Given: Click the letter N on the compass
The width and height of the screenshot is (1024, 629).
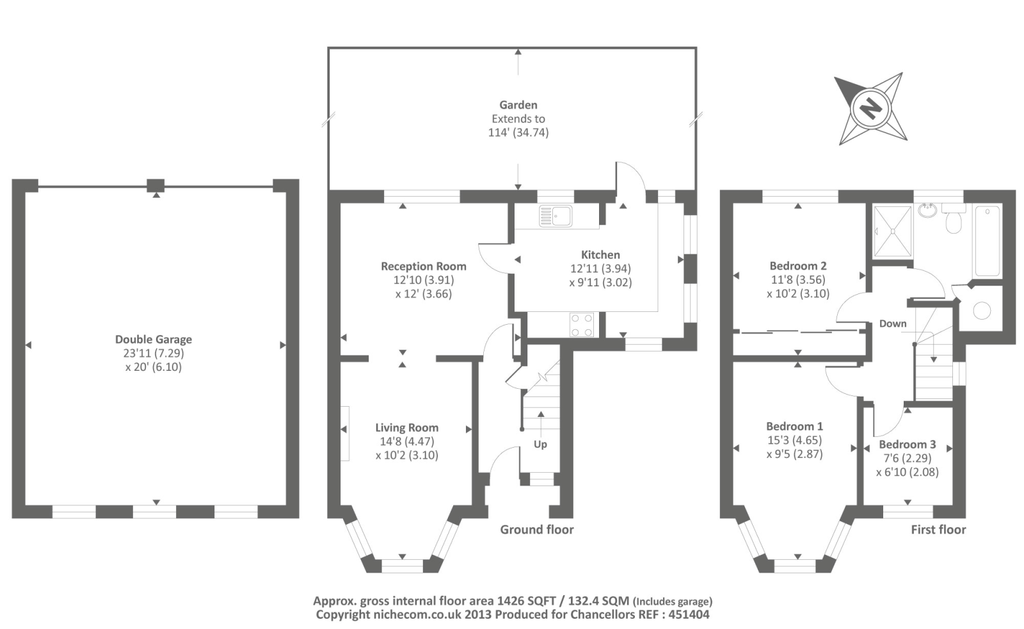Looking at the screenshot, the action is click(x=870, y=109).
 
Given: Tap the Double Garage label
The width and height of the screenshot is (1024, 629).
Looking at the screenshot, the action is click(x=154, y=339).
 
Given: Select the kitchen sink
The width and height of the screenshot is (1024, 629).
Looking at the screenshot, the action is click(x=556, y=216).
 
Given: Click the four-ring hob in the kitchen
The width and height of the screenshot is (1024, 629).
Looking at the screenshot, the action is click(x=582, y=324).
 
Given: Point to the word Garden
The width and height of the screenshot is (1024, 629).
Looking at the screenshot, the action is click(x=518, y=105).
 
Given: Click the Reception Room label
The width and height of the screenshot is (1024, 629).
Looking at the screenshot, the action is click(x=424, y=266).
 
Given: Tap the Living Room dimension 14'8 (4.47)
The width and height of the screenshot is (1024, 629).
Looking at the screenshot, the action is click(x=407, y=441).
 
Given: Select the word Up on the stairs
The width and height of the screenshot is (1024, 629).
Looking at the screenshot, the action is click(x=540, y=445).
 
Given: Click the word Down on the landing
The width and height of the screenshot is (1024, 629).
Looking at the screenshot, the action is click(x=893, y=324).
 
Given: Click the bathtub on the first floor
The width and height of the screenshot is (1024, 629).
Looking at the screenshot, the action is click(x=988, y=241).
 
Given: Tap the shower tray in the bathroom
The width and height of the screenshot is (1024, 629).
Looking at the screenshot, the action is click(x=892, y=231).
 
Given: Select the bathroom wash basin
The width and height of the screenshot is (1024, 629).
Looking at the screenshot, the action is click(x=927, y=211).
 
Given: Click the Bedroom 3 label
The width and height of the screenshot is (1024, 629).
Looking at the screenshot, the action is click(x=908, y=444).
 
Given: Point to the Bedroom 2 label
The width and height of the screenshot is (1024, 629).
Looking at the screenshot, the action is click(x=798, y=266).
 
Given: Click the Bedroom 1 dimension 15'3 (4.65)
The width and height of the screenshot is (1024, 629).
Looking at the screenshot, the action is click(x=794, y=440).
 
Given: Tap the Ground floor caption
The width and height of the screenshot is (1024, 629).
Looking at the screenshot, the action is click(x=537, y=530).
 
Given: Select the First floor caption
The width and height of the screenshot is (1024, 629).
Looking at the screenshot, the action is click(x=938, y=530).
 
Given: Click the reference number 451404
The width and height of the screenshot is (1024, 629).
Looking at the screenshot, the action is click(x=689, y=614).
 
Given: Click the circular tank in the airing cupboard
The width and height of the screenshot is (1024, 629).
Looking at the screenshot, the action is click(x=982, y=311).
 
